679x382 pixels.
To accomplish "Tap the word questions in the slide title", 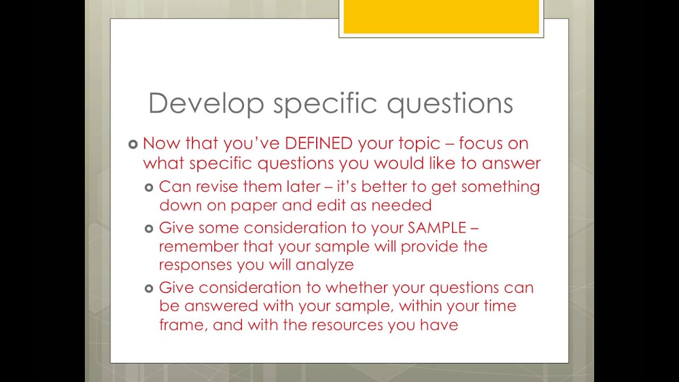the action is (x=450, y=105).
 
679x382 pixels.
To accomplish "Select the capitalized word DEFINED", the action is (x=319, y=143).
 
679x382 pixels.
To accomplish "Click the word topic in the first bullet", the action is (x=419, y=144).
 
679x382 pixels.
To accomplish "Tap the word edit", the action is (x=331, y=205).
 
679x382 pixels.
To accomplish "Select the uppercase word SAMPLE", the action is (x=437, y=228).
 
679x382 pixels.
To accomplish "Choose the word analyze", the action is (x=325, y=265).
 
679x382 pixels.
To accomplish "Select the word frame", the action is (x=181, y=325).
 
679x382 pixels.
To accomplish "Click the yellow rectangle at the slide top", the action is (x=441, y=16).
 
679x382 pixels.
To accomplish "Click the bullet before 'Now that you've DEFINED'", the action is (x=133, y=144).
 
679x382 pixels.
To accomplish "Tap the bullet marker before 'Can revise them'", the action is (x=149, y=188).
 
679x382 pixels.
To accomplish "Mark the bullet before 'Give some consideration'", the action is (x=149, y=229).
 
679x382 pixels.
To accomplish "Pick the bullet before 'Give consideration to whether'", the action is (x=149, y=288).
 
